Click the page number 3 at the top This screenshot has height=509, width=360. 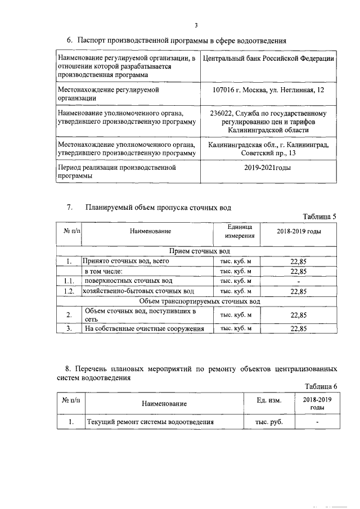point(196,25)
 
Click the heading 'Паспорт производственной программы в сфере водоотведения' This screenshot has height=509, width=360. point(182,40)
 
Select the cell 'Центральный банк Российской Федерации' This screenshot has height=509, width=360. point(269,58)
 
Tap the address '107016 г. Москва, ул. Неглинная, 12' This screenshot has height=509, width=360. point(269,89)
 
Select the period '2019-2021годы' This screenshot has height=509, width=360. point(268,168)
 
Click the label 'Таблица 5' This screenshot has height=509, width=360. point(319,217)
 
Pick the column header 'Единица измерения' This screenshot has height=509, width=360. point(236,231)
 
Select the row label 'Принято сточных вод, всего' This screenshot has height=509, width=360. point(125,261)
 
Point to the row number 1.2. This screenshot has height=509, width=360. point(69,291)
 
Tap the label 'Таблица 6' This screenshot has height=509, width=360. point(321,386)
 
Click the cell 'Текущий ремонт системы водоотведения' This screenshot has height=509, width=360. point(150,422)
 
